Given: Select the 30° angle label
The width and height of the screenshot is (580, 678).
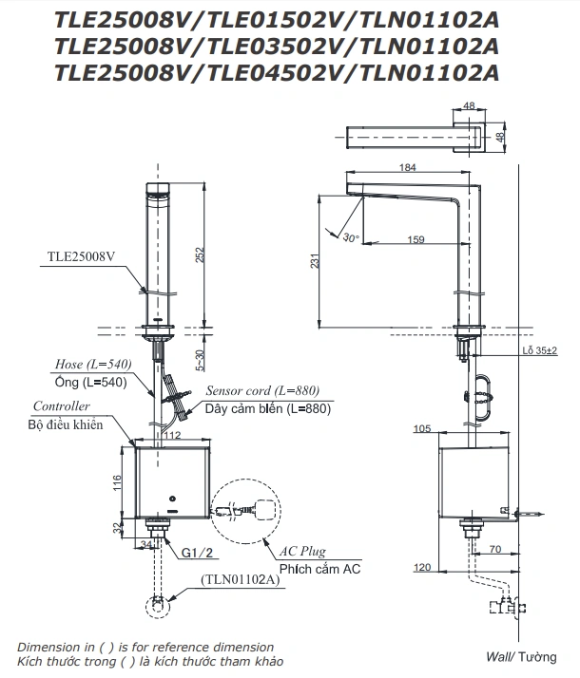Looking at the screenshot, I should click(x=352, y=237).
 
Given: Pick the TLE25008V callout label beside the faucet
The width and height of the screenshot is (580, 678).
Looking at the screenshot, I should click(x=84, y=256).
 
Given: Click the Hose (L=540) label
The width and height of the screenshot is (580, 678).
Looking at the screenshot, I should click(x=93, y=365).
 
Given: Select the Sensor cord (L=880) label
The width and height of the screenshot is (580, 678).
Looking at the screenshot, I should click(x=261, y=390).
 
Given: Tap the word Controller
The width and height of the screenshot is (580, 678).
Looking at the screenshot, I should click(x=60, y=406).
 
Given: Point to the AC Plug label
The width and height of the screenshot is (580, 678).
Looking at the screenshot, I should click(x=303, y=551).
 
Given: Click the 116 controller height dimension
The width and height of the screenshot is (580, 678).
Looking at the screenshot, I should click(x=118, y=482).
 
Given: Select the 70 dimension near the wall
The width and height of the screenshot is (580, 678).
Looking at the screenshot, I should click(x=494, y=549).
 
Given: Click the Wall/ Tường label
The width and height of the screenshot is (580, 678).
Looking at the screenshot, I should click(x=519, y=656).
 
